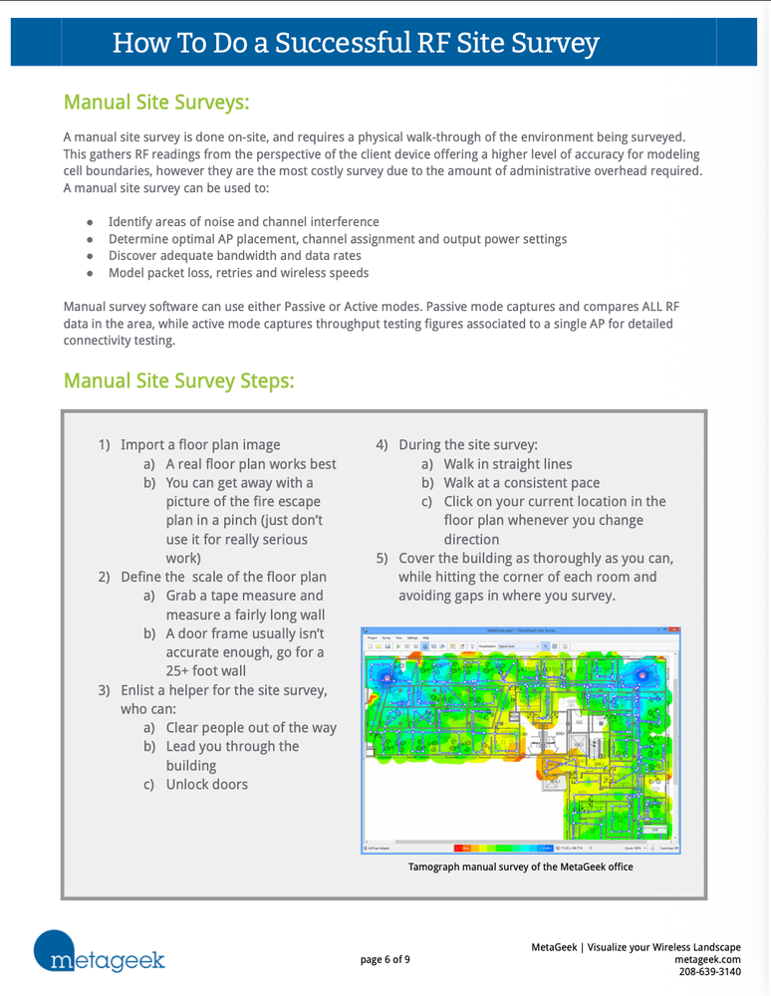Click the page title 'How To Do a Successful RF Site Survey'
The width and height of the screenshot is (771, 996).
[x=356, y=43]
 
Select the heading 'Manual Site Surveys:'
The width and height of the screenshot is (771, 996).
[x=156, y=102]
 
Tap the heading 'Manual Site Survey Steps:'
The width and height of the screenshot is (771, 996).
[x=178, y=380]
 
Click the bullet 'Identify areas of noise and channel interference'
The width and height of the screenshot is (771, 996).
[x=243, y=221]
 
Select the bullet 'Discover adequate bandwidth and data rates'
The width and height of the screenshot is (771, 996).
[x=235, y=256]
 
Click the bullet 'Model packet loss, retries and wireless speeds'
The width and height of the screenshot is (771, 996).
[x=238, y=273]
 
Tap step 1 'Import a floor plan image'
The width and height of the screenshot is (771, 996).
[x=199, y=444]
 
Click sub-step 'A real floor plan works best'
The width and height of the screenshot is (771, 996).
[x=250, y=463]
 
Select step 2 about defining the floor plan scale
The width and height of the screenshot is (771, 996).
[x=223, y=577]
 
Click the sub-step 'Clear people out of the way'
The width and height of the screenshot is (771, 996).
[x=250, y=727]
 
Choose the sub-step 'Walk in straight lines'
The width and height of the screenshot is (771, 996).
[x=508, y=463]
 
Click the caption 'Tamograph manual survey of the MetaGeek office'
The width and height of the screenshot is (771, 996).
[x=520, y=867]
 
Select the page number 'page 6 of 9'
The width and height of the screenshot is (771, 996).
[x=385, y=959]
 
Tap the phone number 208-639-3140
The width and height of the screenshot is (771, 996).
[x=709, y=972]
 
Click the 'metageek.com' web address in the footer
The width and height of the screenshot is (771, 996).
[x=707, y=959]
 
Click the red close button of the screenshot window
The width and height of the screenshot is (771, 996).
[x=675, y=630]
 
